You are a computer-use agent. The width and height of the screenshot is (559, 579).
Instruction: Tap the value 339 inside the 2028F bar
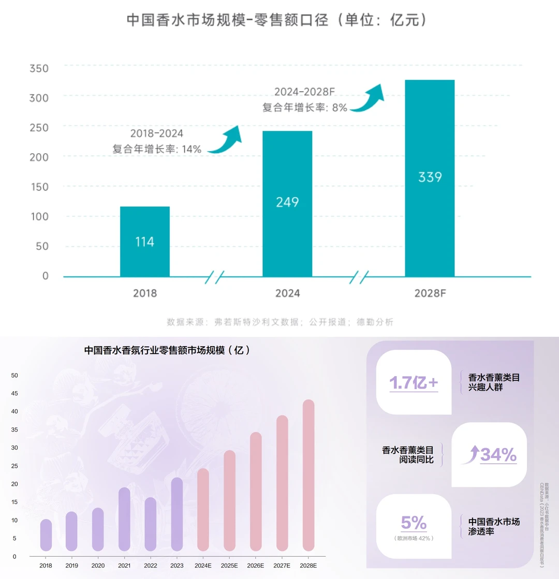[430, 177]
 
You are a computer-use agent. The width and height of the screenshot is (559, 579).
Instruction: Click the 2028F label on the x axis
[430, 293]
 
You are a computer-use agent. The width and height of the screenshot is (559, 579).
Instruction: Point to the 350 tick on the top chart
[39, 68]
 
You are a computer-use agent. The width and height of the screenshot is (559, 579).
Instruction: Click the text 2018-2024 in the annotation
[156, 133]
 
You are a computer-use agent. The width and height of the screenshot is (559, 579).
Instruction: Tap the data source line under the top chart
[280, 322]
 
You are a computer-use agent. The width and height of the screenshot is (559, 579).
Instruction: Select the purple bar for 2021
[124, 519]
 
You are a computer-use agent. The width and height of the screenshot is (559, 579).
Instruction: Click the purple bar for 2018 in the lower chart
[46, 535]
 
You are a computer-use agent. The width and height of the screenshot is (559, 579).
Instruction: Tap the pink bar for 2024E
[203, 510]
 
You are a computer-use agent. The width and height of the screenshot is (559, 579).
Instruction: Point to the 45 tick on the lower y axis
[14, 393]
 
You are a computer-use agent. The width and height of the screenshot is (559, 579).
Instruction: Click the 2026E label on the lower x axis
[256, 566]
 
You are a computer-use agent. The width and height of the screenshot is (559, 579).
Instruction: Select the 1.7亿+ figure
[414, 383]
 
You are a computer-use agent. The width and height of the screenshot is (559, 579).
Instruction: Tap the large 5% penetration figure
[414, 523]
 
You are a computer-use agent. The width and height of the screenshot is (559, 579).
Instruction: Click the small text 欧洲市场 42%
[414, 538]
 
